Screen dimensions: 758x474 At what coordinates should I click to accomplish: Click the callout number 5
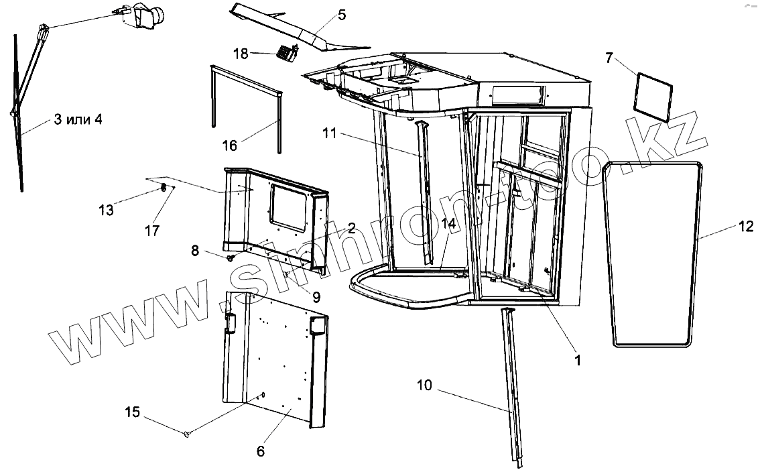coord(342,14)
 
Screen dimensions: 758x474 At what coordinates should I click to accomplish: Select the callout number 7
coord(609,58)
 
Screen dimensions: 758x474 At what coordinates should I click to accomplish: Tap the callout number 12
coord(747,227)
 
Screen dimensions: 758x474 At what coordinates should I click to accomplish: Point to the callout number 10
coord(425,385)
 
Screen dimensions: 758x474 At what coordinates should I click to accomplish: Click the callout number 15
coord(133,412)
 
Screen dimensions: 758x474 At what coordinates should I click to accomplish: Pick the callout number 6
coord(261,451)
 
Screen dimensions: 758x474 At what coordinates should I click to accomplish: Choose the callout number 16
coord(229,145)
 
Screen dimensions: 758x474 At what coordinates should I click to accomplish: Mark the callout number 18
coord(241,52)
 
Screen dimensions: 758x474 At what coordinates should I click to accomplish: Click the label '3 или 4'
coord(79,120)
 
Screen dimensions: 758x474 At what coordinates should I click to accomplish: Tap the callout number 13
coord(105,210)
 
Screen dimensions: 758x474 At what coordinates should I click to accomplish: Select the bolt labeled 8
coord(232,257)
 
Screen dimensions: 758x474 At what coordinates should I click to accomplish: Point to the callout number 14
coord(448,224)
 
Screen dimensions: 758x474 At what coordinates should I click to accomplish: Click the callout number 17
coord(152,231)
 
